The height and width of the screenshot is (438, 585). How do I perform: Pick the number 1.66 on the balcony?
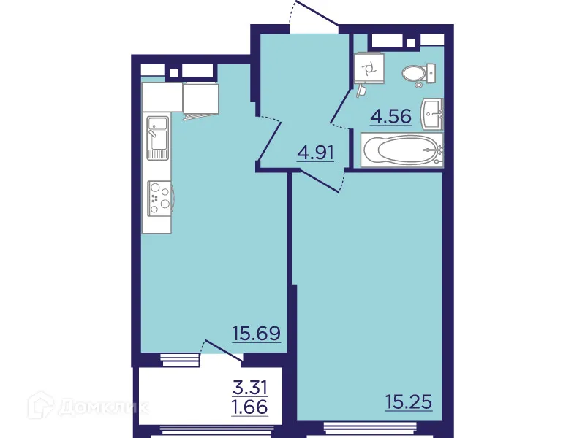249,406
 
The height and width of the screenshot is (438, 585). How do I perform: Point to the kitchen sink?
157,137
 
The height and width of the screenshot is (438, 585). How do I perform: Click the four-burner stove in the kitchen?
159,198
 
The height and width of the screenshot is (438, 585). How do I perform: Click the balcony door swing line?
222,350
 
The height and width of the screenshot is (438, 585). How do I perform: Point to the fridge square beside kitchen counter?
201,99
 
